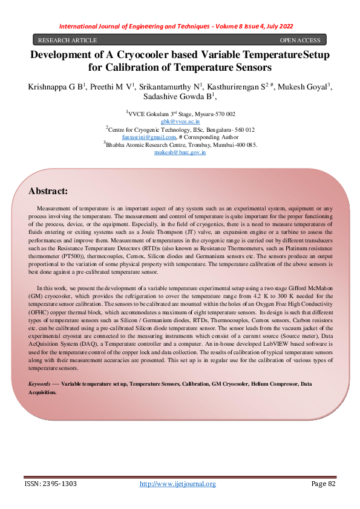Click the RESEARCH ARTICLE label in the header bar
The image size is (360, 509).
click(x=67, y=41)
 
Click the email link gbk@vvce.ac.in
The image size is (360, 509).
click(x=180, y=122)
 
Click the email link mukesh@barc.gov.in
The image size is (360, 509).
click(x=180, y=152)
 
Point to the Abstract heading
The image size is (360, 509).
click(x=48, y=191)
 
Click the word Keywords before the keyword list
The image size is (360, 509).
click(x=41, y=384)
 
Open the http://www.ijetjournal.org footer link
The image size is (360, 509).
click(x=178, y=484)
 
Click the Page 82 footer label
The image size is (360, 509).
click(x=323, y=484)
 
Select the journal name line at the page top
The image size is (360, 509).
click(x=180, y=27)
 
